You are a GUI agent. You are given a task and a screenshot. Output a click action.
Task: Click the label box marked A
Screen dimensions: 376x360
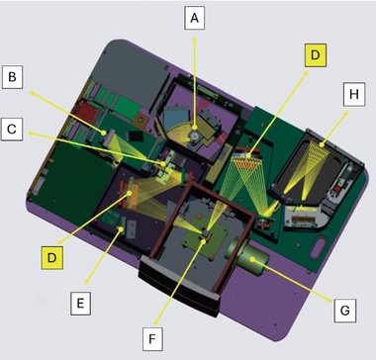click(194, 18)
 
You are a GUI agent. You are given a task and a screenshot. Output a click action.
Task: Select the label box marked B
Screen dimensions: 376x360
click(12, 77)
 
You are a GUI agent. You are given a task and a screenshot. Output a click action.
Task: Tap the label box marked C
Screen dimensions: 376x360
click(12, 129)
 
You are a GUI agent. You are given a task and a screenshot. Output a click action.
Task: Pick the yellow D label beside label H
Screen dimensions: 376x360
click(316, 55)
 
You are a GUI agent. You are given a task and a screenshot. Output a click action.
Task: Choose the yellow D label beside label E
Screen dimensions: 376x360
click(51, 257)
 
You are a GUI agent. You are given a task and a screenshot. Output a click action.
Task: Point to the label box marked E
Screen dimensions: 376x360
click(80, 304)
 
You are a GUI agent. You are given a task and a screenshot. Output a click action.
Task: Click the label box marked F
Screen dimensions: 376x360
click(152, 338)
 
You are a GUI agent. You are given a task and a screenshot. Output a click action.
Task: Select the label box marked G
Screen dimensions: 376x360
click(345, 311)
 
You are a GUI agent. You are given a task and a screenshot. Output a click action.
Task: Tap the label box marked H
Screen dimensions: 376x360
click(354, 94)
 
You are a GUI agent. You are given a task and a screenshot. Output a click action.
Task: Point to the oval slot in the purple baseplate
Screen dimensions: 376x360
click(317, 248)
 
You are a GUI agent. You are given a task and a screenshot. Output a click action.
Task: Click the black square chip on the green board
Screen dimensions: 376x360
click(137, 135)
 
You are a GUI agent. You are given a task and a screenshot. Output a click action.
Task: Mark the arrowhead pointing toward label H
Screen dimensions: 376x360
click(346, 114)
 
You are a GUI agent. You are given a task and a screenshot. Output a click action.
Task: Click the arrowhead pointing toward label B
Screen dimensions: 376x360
click(33, 93)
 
